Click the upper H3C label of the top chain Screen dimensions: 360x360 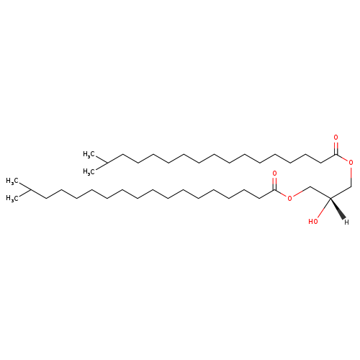pyautogui.click(x=88, y=154)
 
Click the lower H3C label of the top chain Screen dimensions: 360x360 pyautogui.click(x=88, y=171)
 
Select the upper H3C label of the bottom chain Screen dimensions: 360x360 pyautogui.click(x=12, y=181)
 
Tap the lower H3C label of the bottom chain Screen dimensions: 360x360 pyautogui.click(x=12, y=198)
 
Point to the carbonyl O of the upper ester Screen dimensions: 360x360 pyautogui.click(x=336, y=138)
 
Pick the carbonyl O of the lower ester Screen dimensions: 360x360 pyautogui.click(x=274, y=173)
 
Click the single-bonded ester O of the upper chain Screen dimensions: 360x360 pyautogui.click(x=351, y=163)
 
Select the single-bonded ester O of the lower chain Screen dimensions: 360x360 pyautogui.click(x=290, y=198)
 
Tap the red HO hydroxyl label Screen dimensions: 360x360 pyautogui.click(x=313, y=222)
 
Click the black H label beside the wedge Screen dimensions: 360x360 pyautogui.click(x=346, y=222)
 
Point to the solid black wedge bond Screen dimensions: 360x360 pyautogui.click(x=338, y=209)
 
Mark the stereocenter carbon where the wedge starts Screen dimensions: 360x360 pyautogui.click(x=330, y=199)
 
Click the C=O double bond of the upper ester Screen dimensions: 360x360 pyautogui.click(x=336, y=148)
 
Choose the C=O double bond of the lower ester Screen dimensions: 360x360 pyautogui.click(x=275, y=184)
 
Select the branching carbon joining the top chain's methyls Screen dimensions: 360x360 pyautogui.click(x=107, y=163)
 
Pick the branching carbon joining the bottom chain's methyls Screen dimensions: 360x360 pyautogui.click(x=30, y=189)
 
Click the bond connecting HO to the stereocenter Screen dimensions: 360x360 pyautogui.click(x=324, y=208)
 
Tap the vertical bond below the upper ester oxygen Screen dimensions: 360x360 pyautogui.click(x=351, y=176)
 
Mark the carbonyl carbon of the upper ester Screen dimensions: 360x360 pyautogui.click(x=336, y=155)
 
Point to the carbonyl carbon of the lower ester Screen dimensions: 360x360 pyautogui.click(x=275, y=190)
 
